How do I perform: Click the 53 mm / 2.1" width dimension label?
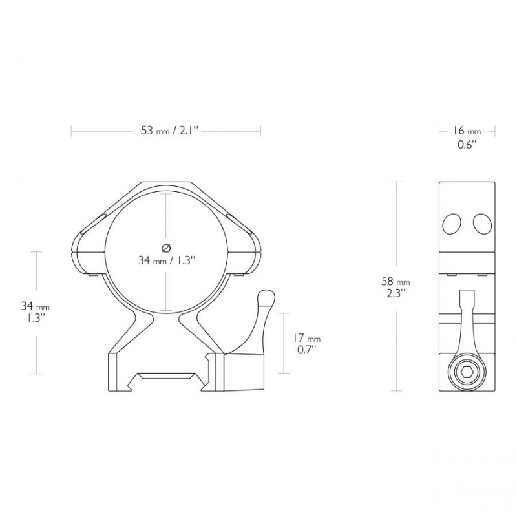pos(169,131)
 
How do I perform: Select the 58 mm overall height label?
pos(396,282)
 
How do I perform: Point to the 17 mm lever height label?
pos(306,338)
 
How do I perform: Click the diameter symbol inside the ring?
pos(166,248)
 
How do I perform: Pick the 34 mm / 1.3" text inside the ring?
pos(167,261)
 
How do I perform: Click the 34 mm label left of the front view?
pos(36,306)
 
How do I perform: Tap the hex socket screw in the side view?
pos(467,373)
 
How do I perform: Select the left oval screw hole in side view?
pos(451,224)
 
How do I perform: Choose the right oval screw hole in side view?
pos(482,224)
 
